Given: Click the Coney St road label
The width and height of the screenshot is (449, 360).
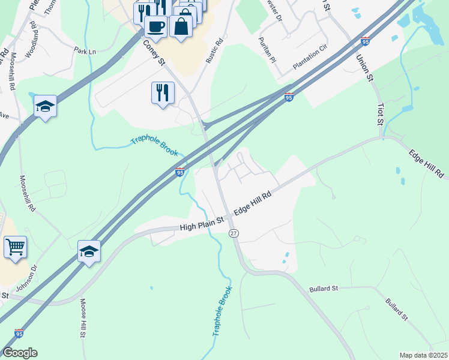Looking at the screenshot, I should [x=154, y=52].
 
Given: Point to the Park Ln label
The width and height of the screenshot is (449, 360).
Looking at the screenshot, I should [x=85, y=51].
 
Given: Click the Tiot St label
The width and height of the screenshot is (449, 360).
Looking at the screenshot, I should [x=380, y=113].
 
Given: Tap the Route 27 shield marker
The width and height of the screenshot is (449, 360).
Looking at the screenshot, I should [x=234, y=233].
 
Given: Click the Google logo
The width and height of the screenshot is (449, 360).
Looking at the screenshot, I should [x=20, y=353].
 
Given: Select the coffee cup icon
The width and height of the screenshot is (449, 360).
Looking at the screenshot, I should [x=155, y=27].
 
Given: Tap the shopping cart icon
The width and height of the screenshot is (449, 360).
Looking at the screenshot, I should [x=15, y=246].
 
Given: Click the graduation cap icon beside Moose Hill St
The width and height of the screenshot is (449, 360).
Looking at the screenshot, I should [x=89, y=251].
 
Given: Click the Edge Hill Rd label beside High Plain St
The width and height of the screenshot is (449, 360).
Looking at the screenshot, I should [x=253, y=203].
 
